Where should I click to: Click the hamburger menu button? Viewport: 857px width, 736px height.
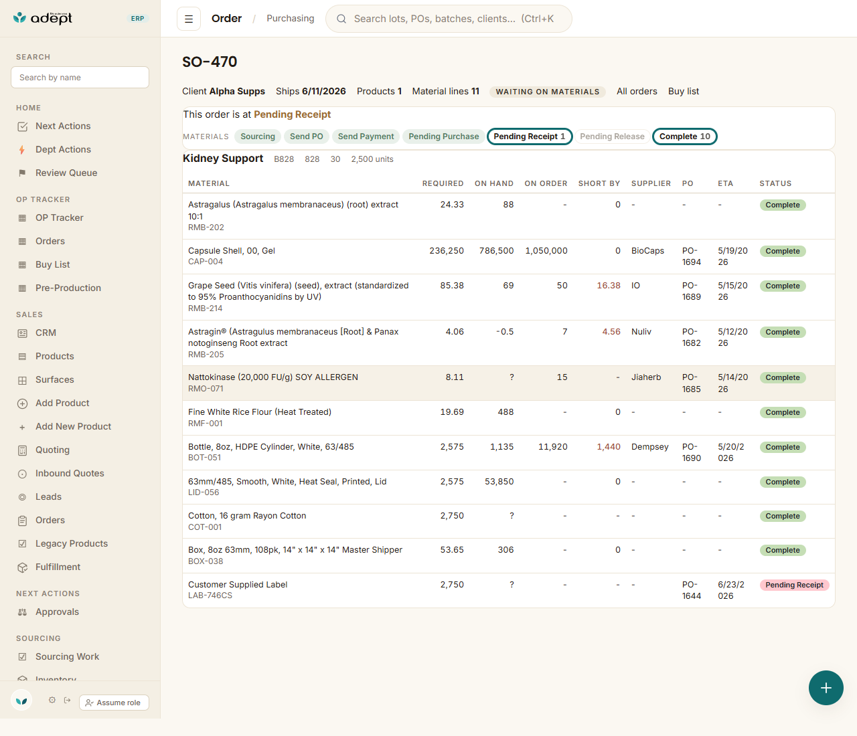[x=189, y=19]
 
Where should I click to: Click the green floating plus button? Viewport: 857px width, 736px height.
[x=826, y=688]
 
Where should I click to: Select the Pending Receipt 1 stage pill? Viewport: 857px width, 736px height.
[x=530, y=136]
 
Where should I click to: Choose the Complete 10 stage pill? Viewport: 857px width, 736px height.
[x=684, y=136]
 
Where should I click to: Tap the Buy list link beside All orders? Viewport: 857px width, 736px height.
[x=684, y=91]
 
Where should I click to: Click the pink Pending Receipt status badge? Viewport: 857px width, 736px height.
[x=794, y=585]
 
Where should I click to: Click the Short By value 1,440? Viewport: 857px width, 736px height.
[x=608, y=447]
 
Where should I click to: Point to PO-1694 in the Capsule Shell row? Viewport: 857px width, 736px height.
[x=691, y=256]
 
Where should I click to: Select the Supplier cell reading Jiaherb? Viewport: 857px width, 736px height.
[x=646, y=377]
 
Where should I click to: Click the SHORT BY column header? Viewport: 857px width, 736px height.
[x=599, y=183]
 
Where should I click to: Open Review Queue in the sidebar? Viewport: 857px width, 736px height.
[x=66, y=173]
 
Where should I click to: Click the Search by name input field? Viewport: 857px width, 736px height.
[x=80, y=78]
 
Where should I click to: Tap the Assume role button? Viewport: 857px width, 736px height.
[x=114, y=703]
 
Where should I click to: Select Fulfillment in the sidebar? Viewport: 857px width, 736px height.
[x=58, y=567]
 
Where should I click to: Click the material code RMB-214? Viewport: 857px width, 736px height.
[x=206, y=308]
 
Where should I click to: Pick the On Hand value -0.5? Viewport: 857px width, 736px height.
[x=505, y=331]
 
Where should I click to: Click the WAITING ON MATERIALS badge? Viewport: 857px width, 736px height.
[x=547, y=92]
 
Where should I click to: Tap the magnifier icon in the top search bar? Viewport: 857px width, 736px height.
[x=341, y=19]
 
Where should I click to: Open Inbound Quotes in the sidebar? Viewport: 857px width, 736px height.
[x=70, y=473]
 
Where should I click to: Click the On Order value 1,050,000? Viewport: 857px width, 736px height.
[x=546, y=251]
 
